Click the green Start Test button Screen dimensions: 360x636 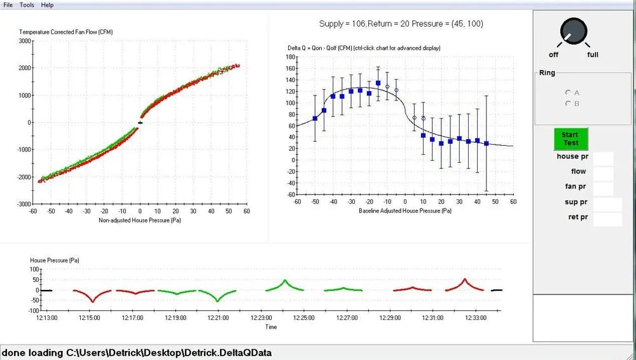click(x=570, y=139)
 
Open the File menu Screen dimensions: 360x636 click(x=8, y=5)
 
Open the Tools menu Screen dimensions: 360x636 click(x=27, y=5)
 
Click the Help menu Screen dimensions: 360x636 click(x=47, y=5)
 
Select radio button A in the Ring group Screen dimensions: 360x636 click(x=567, y=93)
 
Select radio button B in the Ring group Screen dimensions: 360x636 click(x=567, y=104)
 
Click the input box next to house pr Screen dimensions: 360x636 click(x=603, y=158)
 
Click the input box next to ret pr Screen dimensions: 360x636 click(x=607, y=219)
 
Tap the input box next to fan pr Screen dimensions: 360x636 click(x=603, y=188)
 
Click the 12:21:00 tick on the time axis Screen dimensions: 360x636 click(x=218, y=317)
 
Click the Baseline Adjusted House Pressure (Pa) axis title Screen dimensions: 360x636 click(x=405, y=211)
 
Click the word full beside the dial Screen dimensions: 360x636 click(x=593, y=55)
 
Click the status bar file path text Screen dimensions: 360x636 click(x=137, y=352)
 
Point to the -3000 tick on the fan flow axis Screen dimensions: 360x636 click(x=24, y=204)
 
